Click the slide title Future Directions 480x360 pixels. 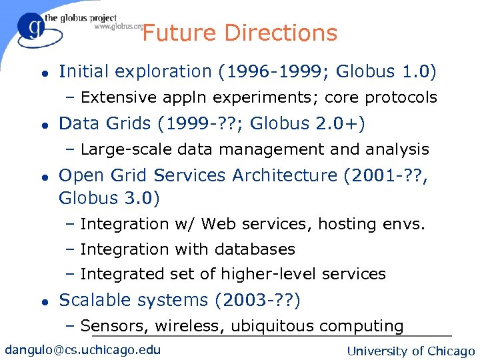coord(240,33)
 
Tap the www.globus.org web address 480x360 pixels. coord(119,27)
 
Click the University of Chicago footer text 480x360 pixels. coord(411,351)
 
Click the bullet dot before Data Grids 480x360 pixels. coord(43,125)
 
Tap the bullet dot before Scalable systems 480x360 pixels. coord(43,302)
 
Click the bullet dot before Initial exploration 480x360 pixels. coord(43,73)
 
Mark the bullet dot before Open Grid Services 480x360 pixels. coord(43,177)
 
